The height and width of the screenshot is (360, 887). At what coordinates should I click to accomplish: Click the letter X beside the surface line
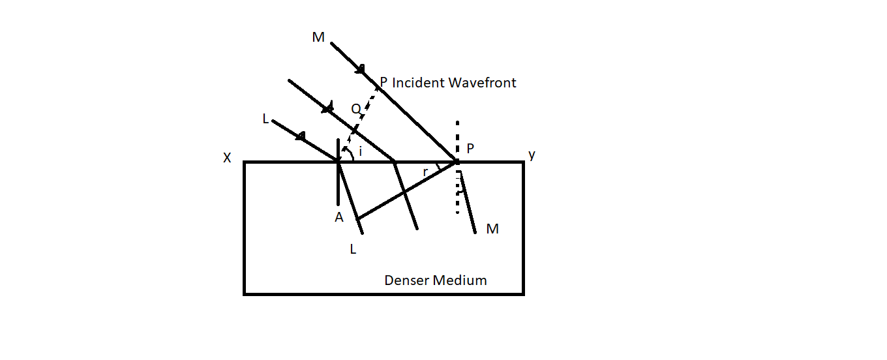click(227, 157)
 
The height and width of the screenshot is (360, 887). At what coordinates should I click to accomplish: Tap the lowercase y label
click(532, 155)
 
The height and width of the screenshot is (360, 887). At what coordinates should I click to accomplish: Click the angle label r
click(425, 172)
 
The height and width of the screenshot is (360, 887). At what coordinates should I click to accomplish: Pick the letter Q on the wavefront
click(355, 109)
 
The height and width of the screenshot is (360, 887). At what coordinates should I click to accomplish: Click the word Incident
click(418, 83)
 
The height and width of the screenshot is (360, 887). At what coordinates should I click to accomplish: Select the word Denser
click(406, 280)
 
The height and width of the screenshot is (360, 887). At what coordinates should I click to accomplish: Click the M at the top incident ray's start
click(318, 37)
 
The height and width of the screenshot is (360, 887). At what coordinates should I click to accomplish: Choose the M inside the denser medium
click(492, 229)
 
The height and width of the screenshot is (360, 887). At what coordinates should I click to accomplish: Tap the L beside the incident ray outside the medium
click(265, 118)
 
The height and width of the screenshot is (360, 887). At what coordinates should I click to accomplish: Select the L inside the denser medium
click(353, 249)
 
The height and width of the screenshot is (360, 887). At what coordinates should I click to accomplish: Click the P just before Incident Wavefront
click(383, 83)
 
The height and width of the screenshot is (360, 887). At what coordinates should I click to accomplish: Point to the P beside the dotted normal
click(471, 147)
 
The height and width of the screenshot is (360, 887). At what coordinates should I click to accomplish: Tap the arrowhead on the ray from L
click(301, 136)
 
